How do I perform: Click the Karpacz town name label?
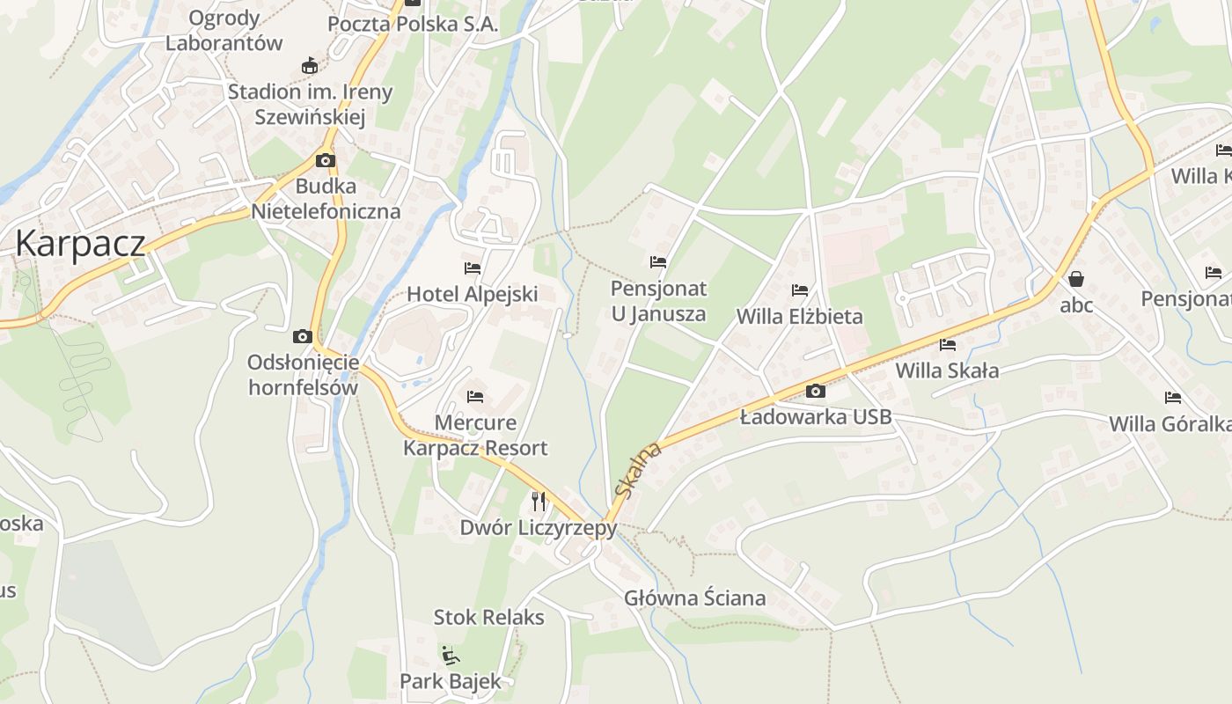click(x=80, y=243)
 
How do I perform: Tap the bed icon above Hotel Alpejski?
click(x=473, y=268)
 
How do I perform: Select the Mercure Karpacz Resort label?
click(x=475, y=436)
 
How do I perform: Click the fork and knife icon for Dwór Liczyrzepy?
click(x=539, y=502)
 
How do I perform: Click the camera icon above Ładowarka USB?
click(x=816, y=391)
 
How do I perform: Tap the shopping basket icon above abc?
click(x=1075, y=279)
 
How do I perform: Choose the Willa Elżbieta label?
click(x=799, y=316)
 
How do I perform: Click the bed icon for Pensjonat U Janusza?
click(x=658, y=261)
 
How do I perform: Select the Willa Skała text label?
click(x=947, y=370)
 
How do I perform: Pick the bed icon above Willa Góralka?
click(x=1172, y=398)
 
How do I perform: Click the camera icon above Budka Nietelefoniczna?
click(x=326, y=160)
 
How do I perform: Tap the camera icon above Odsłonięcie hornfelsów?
click(x=303, y=336)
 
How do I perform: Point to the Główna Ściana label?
click(x=694, y=598)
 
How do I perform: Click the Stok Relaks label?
click(x=489, y=617)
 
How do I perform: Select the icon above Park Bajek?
click(x=450, y=655)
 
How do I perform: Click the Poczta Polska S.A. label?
click(x=413, y=24)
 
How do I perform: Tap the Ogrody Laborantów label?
click(x=224, y=30)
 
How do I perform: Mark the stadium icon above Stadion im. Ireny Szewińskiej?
click(x=310, y=65)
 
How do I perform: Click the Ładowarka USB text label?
click(x=815, y=416)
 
